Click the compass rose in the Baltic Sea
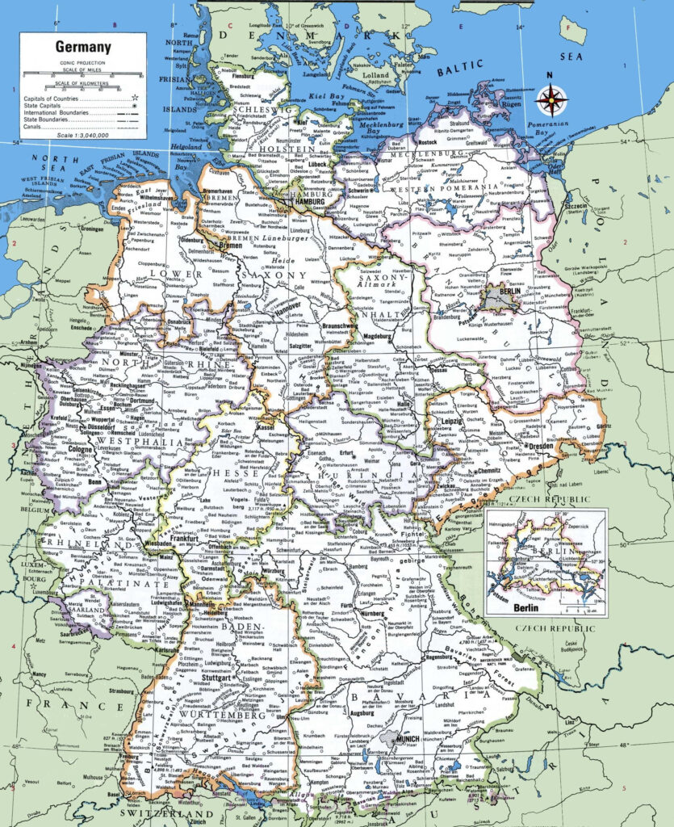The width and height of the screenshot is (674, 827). point(552,100)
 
